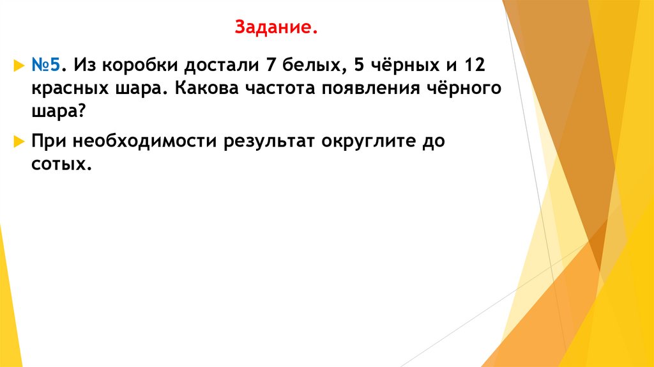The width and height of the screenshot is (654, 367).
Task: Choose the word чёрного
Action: [462, 88]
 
